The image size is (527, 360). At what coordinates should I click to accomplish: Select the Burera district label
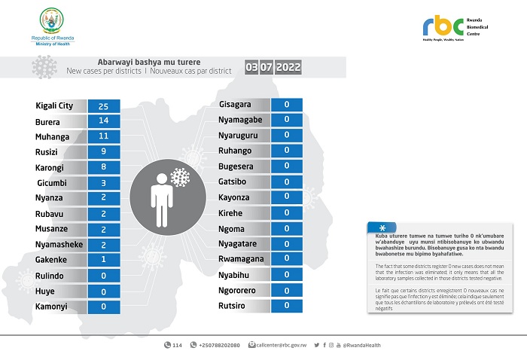click(x=49, y=121)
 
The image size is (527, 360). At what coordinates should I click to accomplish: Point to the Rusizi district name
click(x=47, y=152)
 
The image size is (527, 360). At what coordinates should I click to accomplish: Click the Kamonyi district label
click(x=52, y=307)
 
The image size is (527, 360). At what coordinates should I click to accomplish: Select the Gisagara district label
click(x=235, y=104)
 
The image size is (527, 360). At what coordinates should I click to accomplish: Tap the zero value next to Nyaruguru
click(x=287, y=135)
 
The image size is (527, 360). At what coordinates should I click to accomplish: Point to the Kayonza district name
click(x=234, y=197)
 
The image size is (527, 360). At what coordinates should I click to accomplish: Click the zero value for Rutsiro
click(x=287, y=305)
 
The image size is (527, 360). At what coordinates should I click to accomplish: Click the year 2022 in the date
click(x=288, y=67)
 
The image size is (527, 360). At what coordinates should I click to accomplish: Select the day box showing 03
click(x=252, y=67)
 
